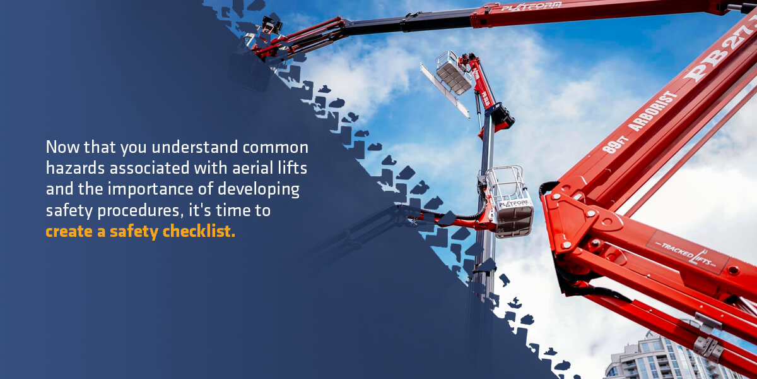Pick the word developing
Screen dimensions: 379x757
click(260, 190)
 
